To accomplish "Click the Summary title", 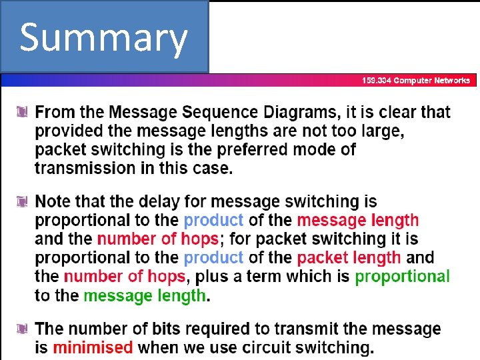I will pos(103,38).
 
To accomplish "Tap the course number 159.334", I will pos(377,81).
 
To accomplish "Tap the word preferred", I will pos(271,149).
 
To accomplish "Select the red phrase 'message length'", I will pos(358,220).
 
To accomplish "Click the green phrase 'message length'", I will pos(145,295).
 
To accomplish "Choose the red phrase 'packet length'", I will pos(349,257).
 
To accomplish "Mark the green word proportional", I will pos(402,276).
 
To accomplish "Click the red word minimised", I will pos(93,347).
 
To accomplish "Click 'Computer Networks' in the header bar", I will pos(432,81).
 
